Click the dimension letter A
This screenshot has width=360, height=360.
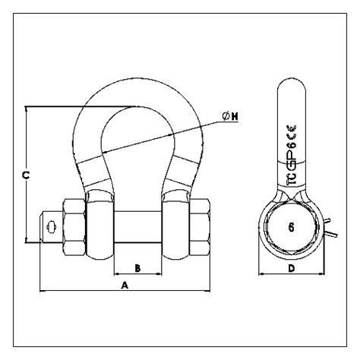tap(125, 286)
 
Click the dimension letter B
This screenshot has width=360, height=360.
tap(137, 268)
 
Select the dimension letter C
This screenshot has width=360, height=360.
tap(26, 175)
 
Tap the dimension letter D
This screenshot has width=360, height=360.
tap(292, 268)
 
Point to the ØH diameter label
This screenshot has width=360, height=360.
tap(230, 116)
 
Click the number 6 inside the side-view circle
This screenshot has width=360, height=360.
tap(292, 228)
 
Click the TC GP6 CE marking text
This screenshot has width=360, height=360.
tap(292, 155)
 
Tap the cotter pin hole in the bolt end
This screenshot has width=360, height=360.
tap(52, 227)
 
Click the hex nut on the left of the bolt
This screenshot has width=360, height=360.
tap(74, 227)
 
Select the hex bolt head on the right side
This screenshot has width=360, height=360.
tap(200, 227)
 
